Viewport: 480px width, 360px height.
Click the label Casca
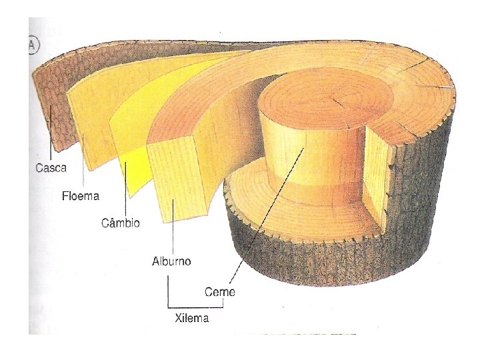(50, 168)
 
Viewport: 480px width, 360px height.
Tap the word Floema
(81, 196)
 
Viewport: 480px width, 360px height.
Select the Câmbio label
(121, 223)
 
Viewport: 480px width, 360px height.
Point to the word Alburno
(171, 261)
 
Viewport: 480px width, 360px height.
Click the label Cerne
(220, 292)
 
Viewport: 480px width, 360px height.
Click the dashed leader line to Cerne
(267, 213)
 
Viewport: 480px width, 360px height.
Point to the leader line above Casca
(51, 137)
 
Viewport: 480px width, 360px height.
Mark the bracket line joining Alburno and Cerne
(193, 305)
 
